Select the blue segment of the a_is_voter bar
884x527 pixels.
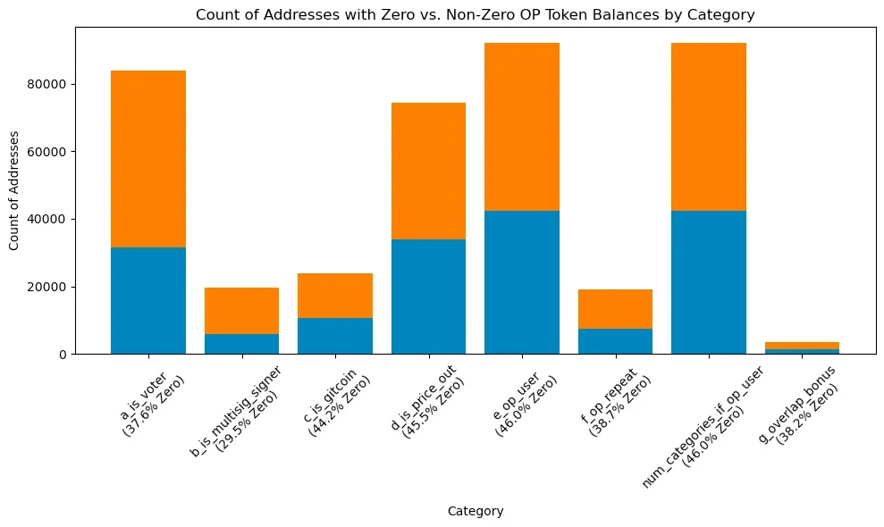148,301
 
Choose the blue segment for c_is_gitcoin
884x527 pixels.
335,336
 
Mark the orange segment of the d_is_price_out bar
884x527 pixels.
428,171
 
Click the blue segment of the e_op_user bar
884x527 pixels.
522,282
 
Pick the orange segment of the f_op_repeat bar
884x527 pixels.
615,309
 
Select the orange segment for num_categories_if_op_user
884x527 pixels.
709,127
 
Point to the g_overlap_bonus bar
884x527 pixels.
802,348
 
